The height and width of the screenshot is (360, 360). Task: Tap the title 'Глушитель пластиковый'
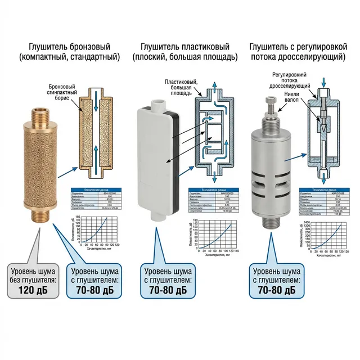[179, 46]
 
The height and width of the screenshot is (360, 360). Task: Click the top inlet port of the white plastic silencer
[158, 103]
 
